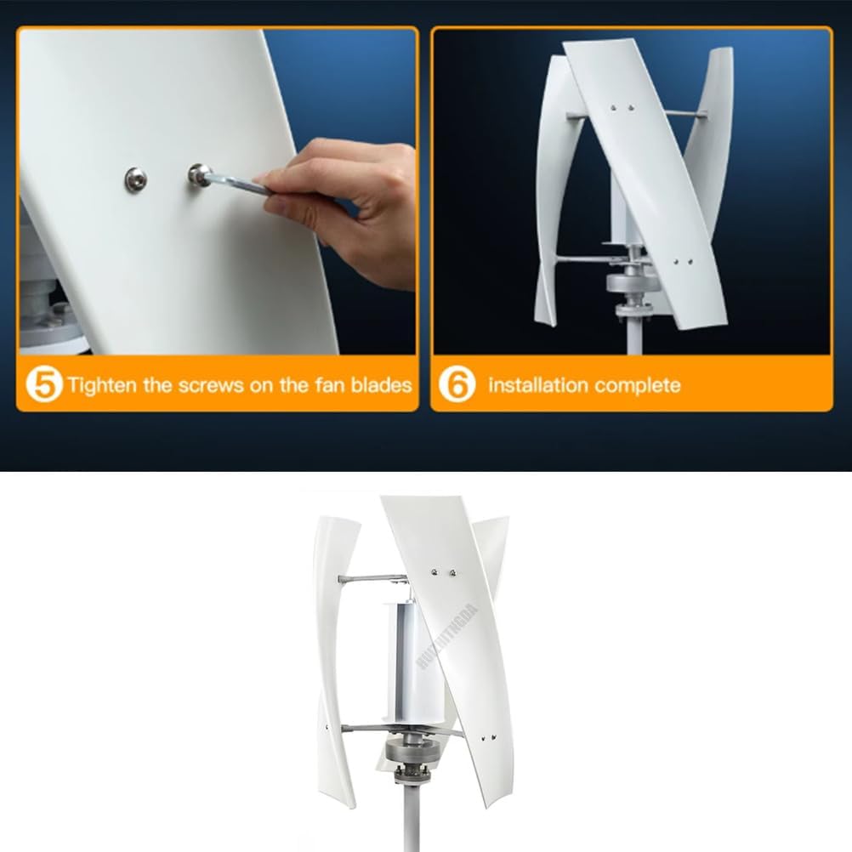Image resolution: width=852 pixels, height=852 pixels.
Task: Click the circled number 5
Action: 44,384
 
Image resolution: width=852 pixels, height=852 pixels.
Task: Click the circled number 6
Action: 457,384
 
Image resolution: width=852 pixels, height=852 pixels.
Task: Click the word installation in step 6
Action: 537,385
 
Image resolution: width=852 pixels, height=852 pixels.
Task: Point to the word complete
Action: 638,385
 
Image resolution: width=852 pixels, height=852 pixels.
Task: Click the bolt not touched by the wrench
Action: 135,179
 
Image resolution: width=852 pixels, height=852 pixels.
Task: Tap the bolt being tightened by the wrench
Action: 199,175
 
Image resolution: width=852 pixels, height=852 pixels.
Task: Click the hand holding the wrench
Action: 357,204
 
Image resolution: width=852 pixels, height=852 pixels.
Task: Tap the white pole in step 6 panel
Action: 633,336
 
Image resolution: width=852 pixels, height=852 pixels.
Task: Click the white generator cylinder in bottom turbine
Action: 406,659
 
